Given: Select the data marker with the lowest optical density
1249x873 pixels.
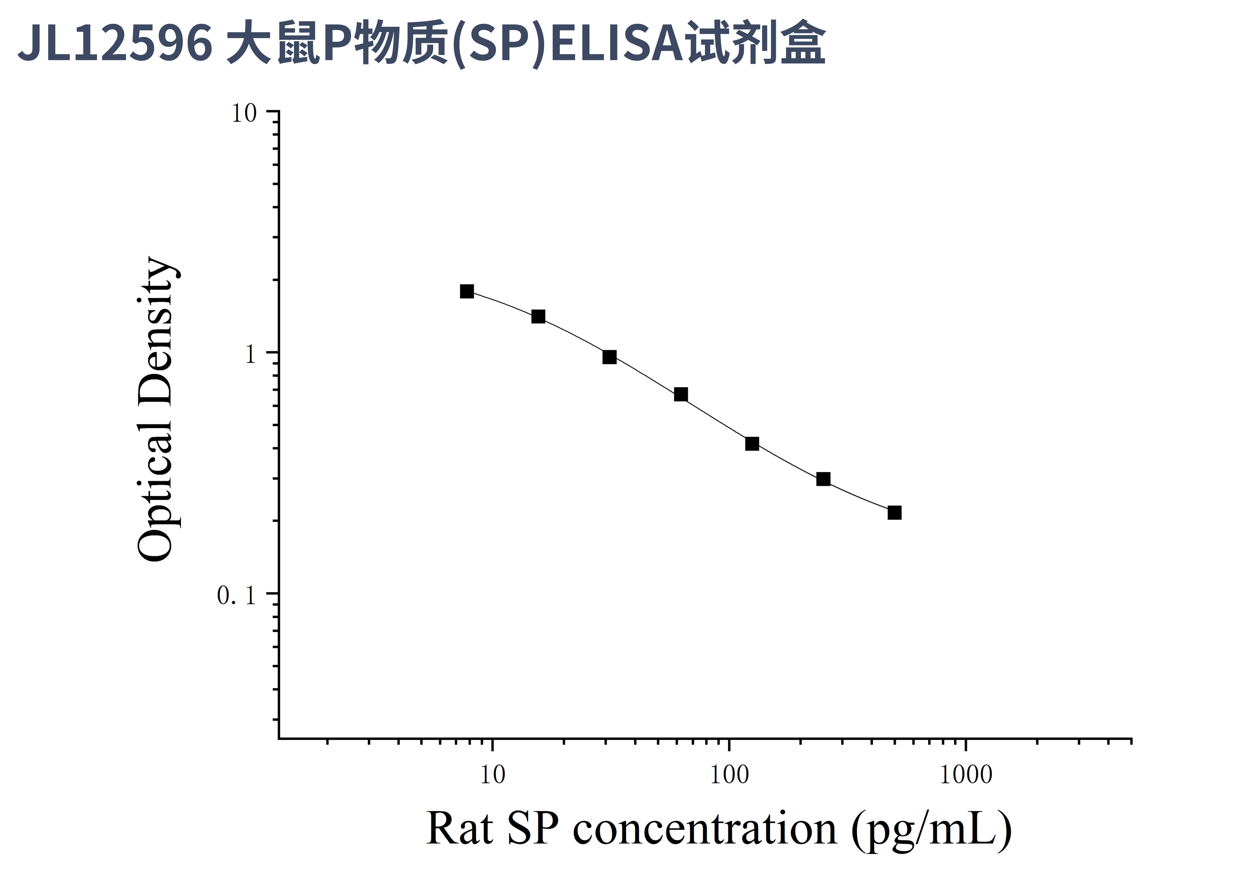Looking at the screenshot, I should point(894,512).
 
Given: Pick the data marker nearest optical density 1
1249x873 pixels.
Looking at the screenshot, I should point(609,357).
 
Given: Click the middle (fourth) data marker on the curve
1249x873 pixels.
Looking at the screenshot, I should point(681,394).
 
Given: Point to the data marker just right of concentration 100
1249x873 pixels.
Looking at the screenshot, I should point(752,444).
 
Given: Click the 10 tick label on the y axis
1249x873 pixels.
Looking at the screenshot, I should point(244,113).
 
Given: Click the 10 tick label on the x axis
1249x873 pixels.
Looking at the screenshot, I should point(492,775).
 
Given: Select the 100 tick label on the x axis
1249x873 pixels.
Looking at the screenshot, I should point(729,775).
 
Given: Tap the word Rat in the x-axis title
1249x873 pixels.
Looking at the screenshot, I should point(460,829).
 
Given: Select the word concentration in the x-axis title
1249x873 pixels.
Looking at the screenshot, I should point(705,829).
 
